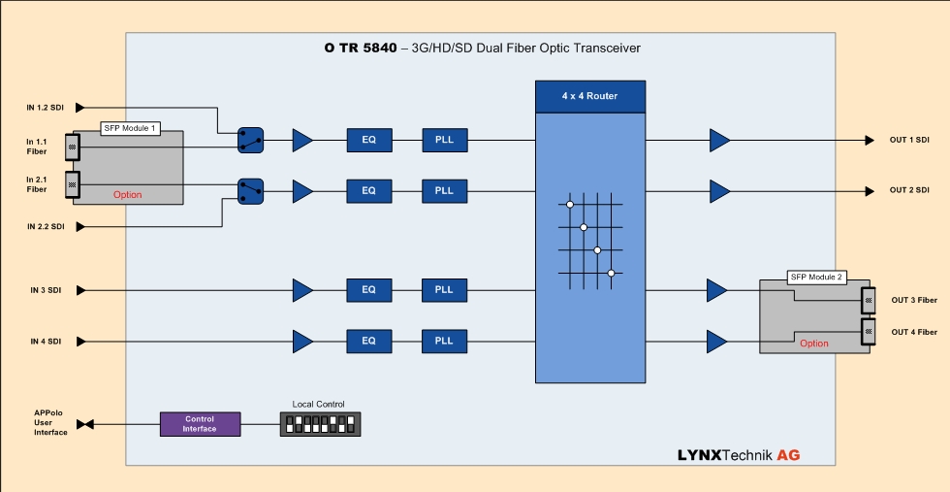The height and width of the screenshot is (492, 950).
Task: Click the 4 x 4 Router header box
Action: coord(589,96)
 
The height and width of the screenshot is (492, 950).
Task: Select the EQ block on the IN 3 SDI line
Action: coord(368,290)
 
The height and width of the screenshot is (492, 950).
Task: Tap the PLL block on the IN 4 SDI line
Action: coord(444,341)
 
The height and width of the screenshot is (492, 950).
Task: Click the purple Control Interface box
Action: coord(200,424)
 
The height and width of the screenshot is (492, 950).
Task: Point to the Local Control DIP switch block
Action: coord(320,424)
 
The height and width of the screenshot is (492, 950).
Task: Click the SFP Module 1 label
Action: coord(130,128)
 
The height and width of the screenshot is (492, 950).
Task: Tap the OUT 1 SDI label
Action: coord(909,140)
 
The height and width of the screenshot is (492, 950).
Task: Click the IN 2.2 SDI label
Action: coord(46,226)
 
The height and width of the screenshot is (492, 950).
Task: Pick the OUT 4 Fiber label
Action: coord(914,332)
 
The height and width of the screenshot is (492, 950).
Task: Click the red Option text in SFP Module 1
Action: coord(127,195)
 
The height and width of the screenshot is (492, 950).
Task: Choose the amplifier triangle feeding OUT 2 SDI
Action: coord(719,190)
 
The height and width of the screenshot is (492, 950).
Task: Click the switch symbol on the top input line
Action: coord(251,141)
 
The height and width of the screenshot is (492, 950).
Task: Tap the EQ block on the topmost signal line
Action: coord(368,140)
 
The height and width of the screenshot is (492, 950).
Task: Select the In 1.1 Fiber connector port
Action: coord(72,147)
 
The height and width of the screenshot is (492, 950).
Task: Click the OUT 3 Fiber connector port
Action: coord(869,299)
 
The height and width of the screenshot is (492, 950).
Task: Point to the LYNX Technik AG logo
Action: coord(739,455)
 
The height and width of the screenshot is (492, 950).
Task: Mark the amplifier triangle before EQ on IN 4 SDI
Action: coord(302,341)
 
